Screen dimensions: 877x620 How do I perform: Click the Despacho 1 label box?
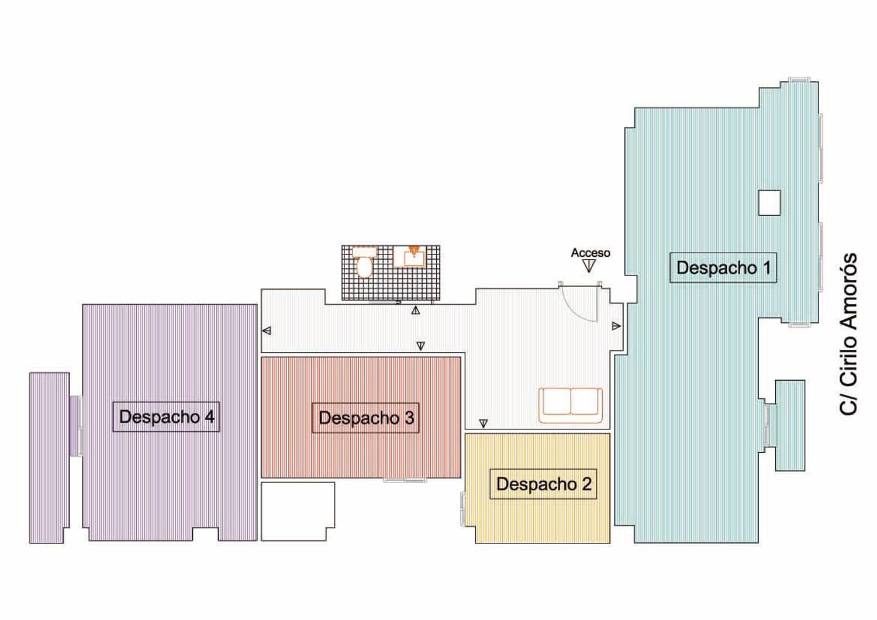723,267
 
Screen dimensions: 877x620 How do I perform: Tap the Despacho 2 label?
543,484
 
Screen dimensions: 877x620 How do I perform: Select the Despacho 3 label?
365,418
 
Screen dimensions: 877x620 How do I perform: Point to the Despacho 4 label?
167,416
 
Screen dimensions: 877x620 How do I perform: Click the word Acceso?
591,253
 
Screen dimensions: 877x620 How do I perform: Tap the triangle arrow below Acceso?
589,267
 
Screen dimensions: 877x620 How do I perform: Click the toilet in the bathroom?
364,263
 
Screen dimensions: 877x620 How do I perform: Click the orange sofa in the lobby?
571,405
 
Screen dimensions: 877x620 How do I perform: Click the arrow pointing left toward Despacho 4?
267,331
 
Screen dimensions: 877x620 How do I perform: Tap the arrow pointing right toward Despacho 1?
616,326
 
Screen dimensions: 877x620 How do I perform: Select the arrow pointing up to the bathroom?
416,311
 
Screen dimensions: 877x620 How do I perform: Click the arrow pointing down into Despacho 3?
421,346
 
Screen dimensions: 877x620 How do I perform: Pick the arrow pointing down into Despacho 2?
484,423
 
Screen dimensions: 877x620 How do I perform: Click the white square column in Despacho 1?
769,202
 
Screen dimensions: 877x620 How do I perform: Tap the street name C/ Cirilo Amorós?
848,334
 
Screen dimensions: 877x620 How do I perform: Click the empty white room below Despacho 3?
298,511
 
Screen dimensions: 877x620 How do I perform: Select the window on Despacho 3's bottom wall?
405,480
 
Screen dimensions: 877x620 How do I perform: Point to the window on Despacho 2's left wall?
463,509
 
